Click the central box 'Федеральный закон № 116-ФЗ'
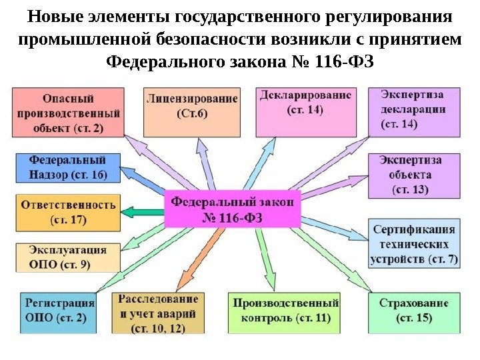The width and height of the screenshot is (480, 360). tap(233, 209)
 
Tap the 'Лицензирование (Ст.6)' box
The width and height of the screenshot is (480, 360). tap(191, 111)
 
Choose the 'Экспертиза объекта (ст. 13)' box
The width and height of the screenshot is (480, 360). tap(413, 175)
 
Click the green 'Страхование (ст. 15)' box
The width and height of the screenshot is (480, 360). tap(414, 311)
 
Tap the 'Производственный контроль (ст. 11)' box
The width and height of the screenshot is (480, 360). tap(285, 311)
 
